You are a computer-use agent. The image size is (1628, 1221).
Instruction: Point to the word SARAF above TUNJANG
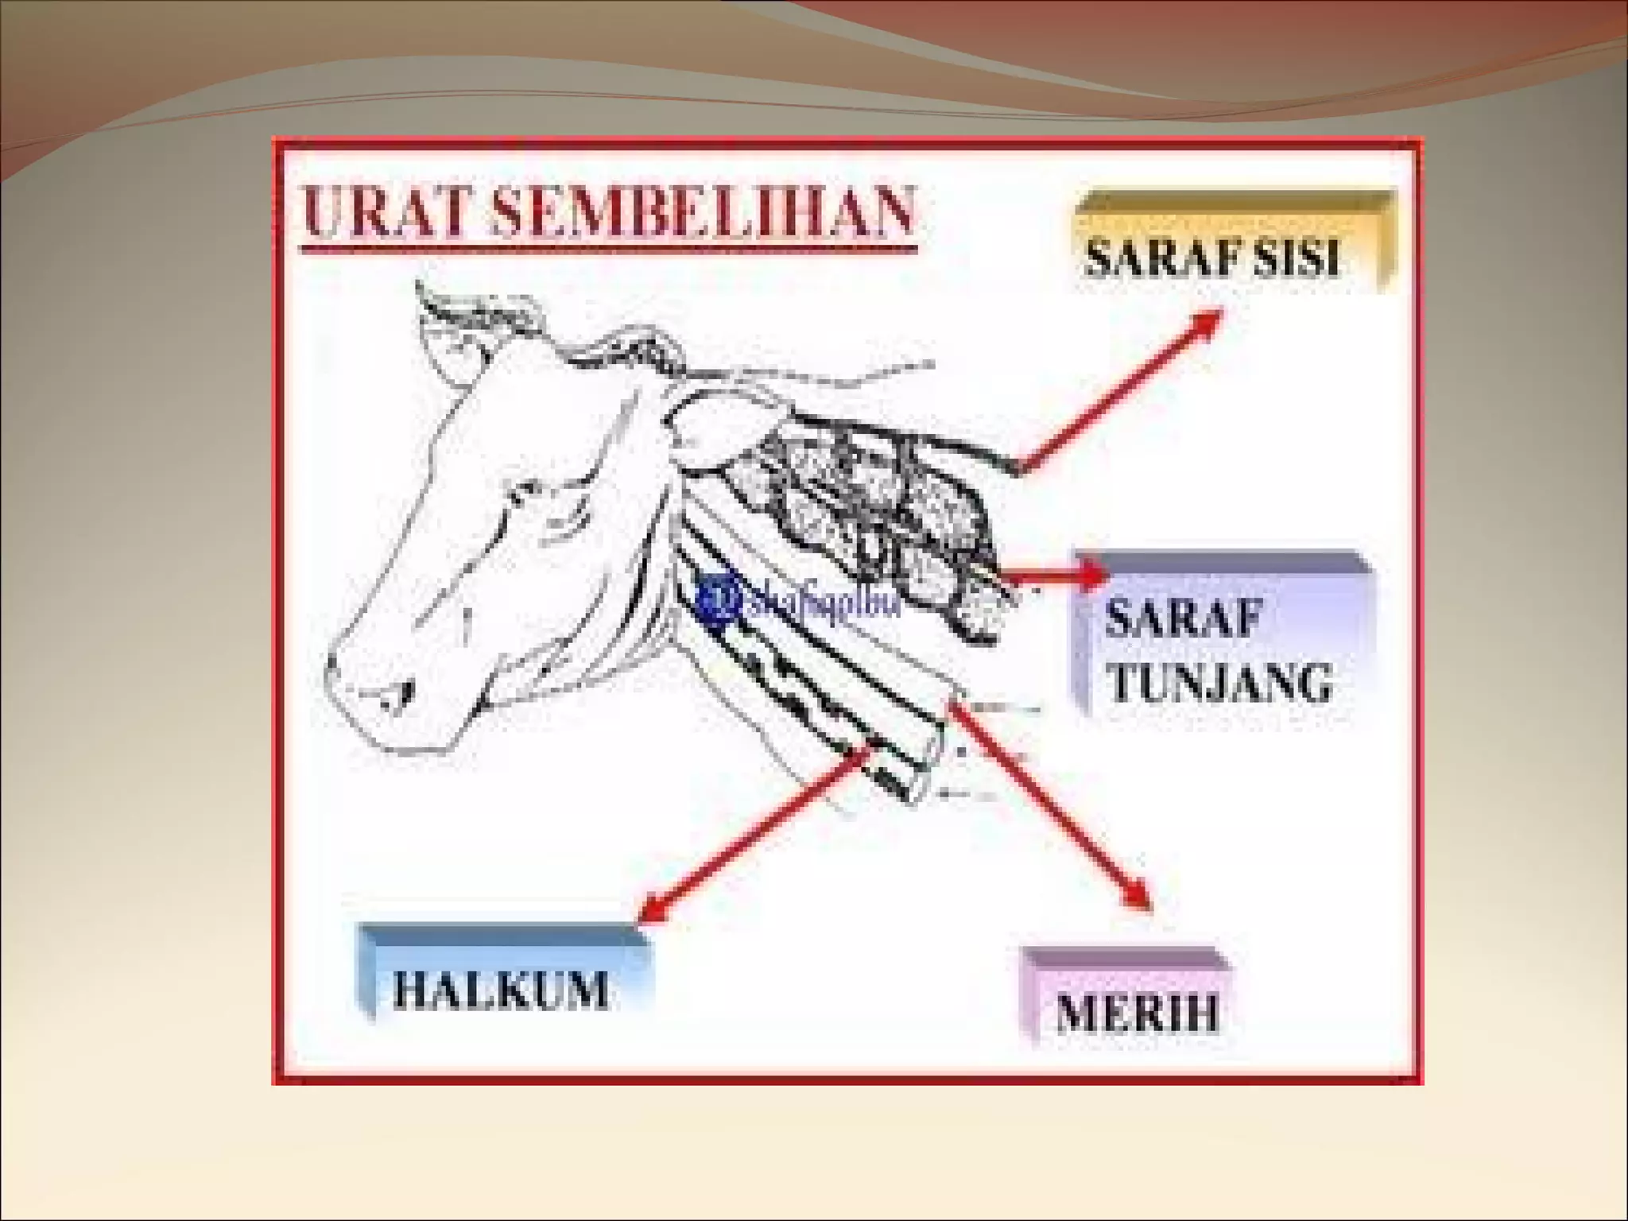tap(1184, 617)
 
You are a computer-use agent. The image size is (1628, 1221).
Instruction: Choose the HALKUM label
tap(501, 990)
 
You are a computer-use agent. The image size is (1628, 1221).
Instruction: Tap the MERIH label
tap(1137, 1014)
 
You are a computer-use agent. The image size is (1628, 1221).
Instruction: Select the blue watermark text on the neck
tap(823, 605)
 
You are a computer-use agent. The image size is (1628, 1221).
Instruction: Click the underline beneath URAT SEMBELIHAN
tap(609, 250)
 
